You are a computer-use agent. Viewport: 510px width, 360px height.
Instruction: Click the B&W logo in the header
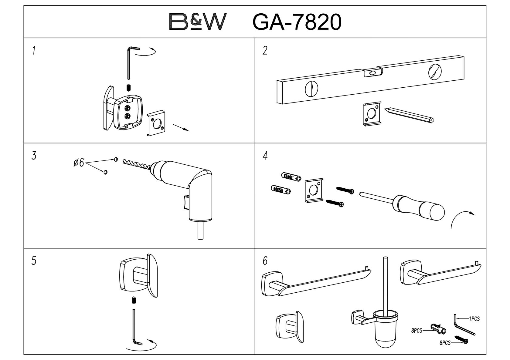pos(198,22)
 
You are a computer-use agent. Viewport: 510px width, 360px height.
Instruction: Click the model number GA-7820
pos(297,22)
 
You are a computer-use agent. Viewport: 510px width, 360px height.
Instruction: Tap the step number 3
pos(34,156)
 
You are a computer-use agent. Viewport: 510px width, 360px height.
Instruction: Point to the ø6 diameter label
pos(79,163)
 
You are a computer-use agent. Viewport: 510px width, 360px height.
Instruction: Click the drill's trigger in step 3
pos(186,202)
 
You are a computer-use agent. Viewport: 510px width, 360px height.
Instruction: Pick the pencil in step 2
pos(409,115)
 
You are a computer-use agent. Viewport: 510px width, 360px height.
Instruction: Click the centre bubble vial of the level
pos(373,73)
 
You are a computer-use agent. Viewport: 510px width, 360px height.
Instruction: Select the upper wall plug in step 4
pos(291,177)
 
